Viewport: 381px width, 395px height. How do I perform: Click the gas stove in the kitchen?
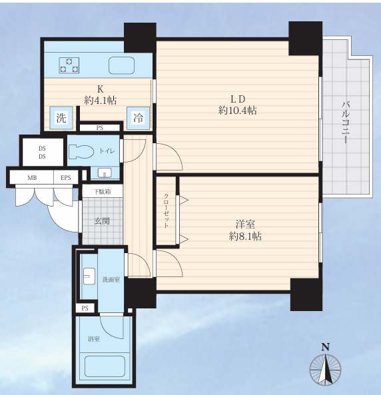tap(69, 65)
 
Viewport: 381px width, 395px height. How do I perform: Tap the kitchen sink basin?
tap(121, 65)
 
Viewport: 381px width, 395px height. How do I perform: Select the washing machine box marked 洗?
tap(61, 118)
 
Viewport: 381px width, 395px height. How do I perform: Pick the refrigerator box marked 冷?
tap(139, 118)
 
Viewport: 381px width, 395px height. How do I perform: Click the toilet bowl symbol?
tap(81, 151)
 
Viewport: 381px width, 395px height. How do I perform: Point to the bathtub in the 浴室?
tap(105, 366)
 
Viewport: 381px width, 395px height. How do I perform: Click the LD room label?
tap(238, 99)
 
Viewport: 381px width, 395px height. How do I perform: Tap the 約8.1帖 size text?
tap(245, 236)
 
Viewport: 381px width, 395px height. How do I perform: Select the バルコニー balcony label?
tap(346, 123)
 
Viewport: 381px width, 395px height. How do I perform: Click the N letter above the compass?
tap(325, 348)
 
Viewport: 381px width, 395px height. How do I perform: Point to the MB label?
tap(32, 178)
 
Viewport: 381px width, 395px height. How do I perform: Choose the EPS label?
tap(66, 178)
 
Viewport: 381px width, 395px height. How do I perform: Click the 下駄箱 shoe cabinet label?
tap(102, 192)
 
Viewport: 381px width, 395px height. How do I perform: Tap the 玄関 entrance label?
tap(102, 221)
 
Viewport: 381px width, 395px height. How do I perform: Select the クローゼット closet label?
tap(167, 211)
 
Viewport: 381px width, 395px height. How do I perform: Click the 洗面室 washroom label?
tap(111, 280)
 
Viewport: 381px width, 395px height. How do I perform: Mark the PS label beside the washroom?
tap(85, 308)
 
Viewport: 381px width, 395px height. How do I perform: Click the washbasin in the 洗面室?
tap(89, 276)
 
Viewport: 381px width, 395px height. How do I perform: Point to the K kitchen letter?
tap(101, 89)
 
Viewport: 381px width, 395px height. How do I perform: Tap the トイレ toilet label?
tap(107, 151)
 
